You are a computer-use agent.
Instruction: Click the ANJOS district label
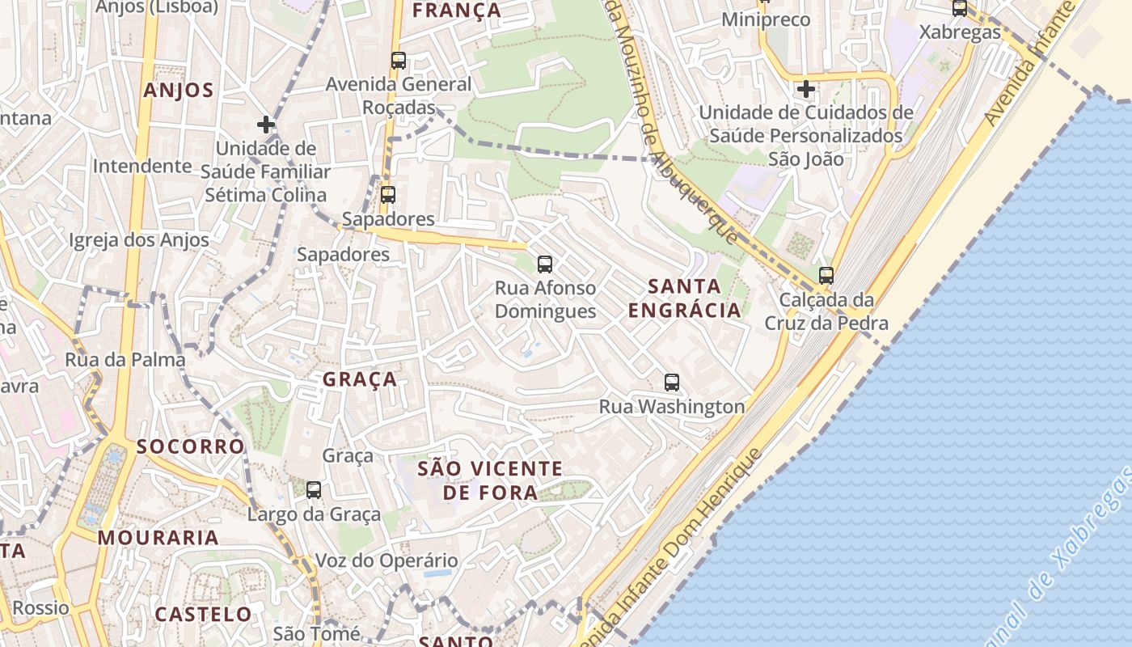click(x=179, y=90)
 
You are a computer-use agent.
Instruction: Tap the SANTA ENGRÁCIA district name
click(x=684, y=298)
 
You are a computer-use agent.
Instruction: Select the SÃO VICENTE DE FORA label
click(x=490, y=480)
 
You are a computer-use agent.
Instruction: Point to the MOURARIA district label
click(x=158, y=538)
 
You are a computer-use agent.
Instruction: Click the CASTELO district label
click(x=203, y=614)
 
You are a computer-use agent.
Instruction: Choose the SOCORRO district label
click(x=190, y=446)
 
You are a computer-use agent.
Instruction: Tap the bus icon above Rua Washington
click(x=671, y=383)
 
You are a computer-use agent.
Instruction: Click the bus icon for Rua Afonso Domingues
click(x=545, y=264)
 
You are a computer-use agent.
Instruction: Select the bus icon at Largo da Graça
click(x=314, y=489)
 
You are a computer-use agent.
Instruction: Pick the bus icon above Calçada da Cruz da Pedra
click(x=826, y=275)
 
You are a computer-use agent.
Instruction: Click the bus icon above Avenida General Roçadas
click(x=398, y=60)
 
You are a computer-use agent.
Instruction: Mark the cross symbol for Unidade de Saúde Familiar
click(x=265, y=125)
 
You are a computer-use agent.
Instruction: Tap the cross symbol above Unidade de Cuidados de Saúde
click(x=805, y=88)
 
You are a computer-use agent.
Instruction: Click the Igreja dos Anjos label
click(x=139, y=240)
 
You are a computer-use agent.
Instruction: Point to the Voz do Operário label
click(x=386, y=560)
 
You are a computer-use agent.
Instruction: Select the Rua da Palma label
click(x=125, y=360)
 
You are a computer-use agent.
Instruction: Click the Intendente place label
click(x=142, y=166)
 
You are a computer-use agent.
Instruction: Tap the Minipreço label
click(x=765, y=19)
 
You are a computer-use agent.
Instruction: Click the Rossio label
click(x=40, y=607)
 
